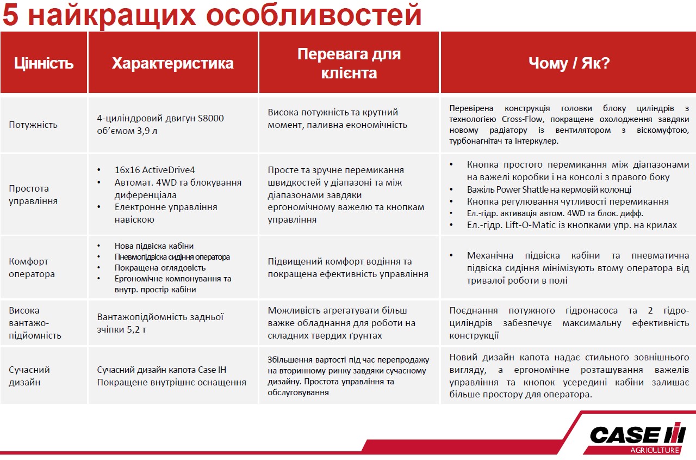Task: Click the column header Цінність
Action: coord(43,63)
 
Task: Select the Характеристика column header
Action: coord(173,63)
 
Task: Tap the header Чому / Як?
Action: coord(569,63)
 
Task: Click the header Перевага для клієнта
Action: coord(349,63)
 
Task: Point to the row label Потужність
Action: coord(33,125)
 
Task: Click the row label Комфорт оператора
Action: coord(32,268)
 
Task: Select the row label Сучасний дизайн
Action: coord(29,376)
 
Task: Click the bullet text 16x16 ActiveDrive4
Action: coord(154,170)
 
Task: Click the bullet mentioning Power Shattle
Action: coord(549,189)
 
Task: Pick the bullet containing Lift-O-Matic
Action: coord(571,225)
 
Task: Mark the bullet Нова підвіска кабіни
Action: coord(154,246)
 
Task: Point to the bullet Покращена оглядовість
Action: coord(160,268)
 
